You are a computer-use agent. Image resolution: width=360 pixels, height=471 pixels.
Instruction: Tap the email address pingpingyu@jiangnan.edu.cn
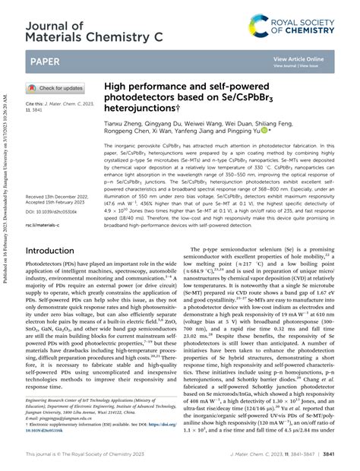click(66, 417)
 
